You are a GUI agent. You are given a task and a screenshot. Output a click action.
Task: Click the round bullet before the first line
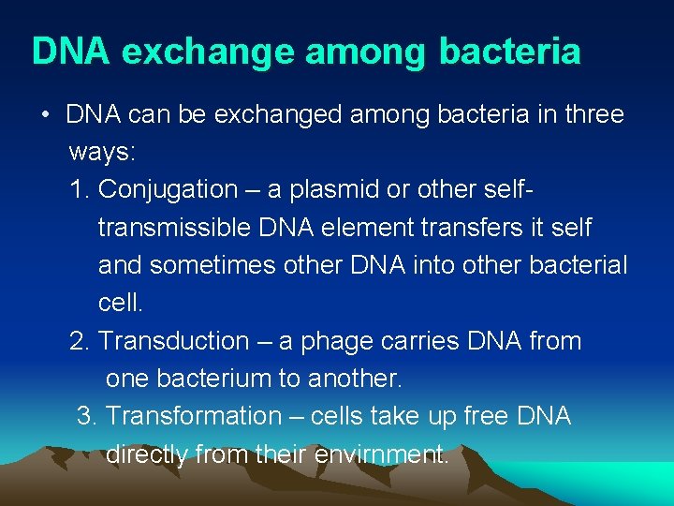(x=44, y=115)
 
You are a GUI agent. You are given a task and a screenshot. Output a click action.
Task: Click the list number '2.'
(x=80, y=341)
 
